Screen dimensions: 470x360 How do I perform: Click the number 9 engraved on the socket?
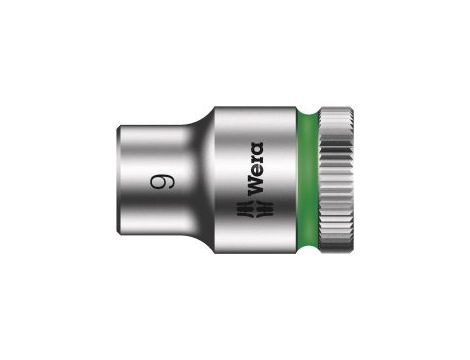162,182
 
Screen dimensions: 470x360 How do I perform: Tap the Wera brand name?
255,168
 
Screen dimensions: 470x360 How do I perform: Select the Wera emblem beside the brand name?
255,208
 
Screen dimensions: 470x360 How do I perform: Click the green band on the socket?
307,180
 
